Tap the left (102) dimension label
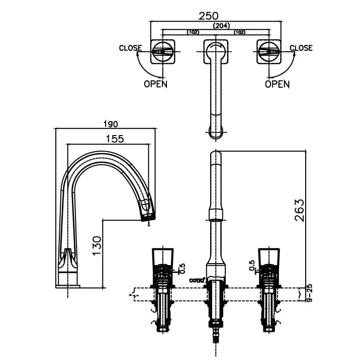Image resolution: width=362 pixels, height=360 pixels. click(x=193, y=32)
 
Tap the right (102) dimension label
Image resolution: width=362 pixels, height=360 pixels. click(x=240, y=32)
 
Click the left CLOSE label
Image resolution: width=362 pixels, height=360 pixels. click(x=130, y=48)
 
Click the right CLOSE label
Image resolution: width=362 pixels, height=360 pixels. click(x=301, y=48)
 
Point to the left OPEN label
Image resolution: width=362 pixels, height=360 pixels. click(x=155, y=84)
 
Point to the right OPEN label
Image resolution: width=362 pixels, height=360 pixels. click(x=277, y=84)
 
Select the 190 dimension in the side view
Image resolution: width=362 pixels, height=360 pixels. click(x=110, y=124)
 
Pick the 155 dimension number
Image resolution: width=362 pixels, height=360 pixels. click(x=114, y=139)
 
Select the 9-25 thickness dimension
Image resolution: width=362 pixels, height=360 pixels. click(x=309, y=293)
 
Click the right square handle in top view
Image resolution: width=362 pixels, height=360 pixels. click(x=268, y=51)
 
